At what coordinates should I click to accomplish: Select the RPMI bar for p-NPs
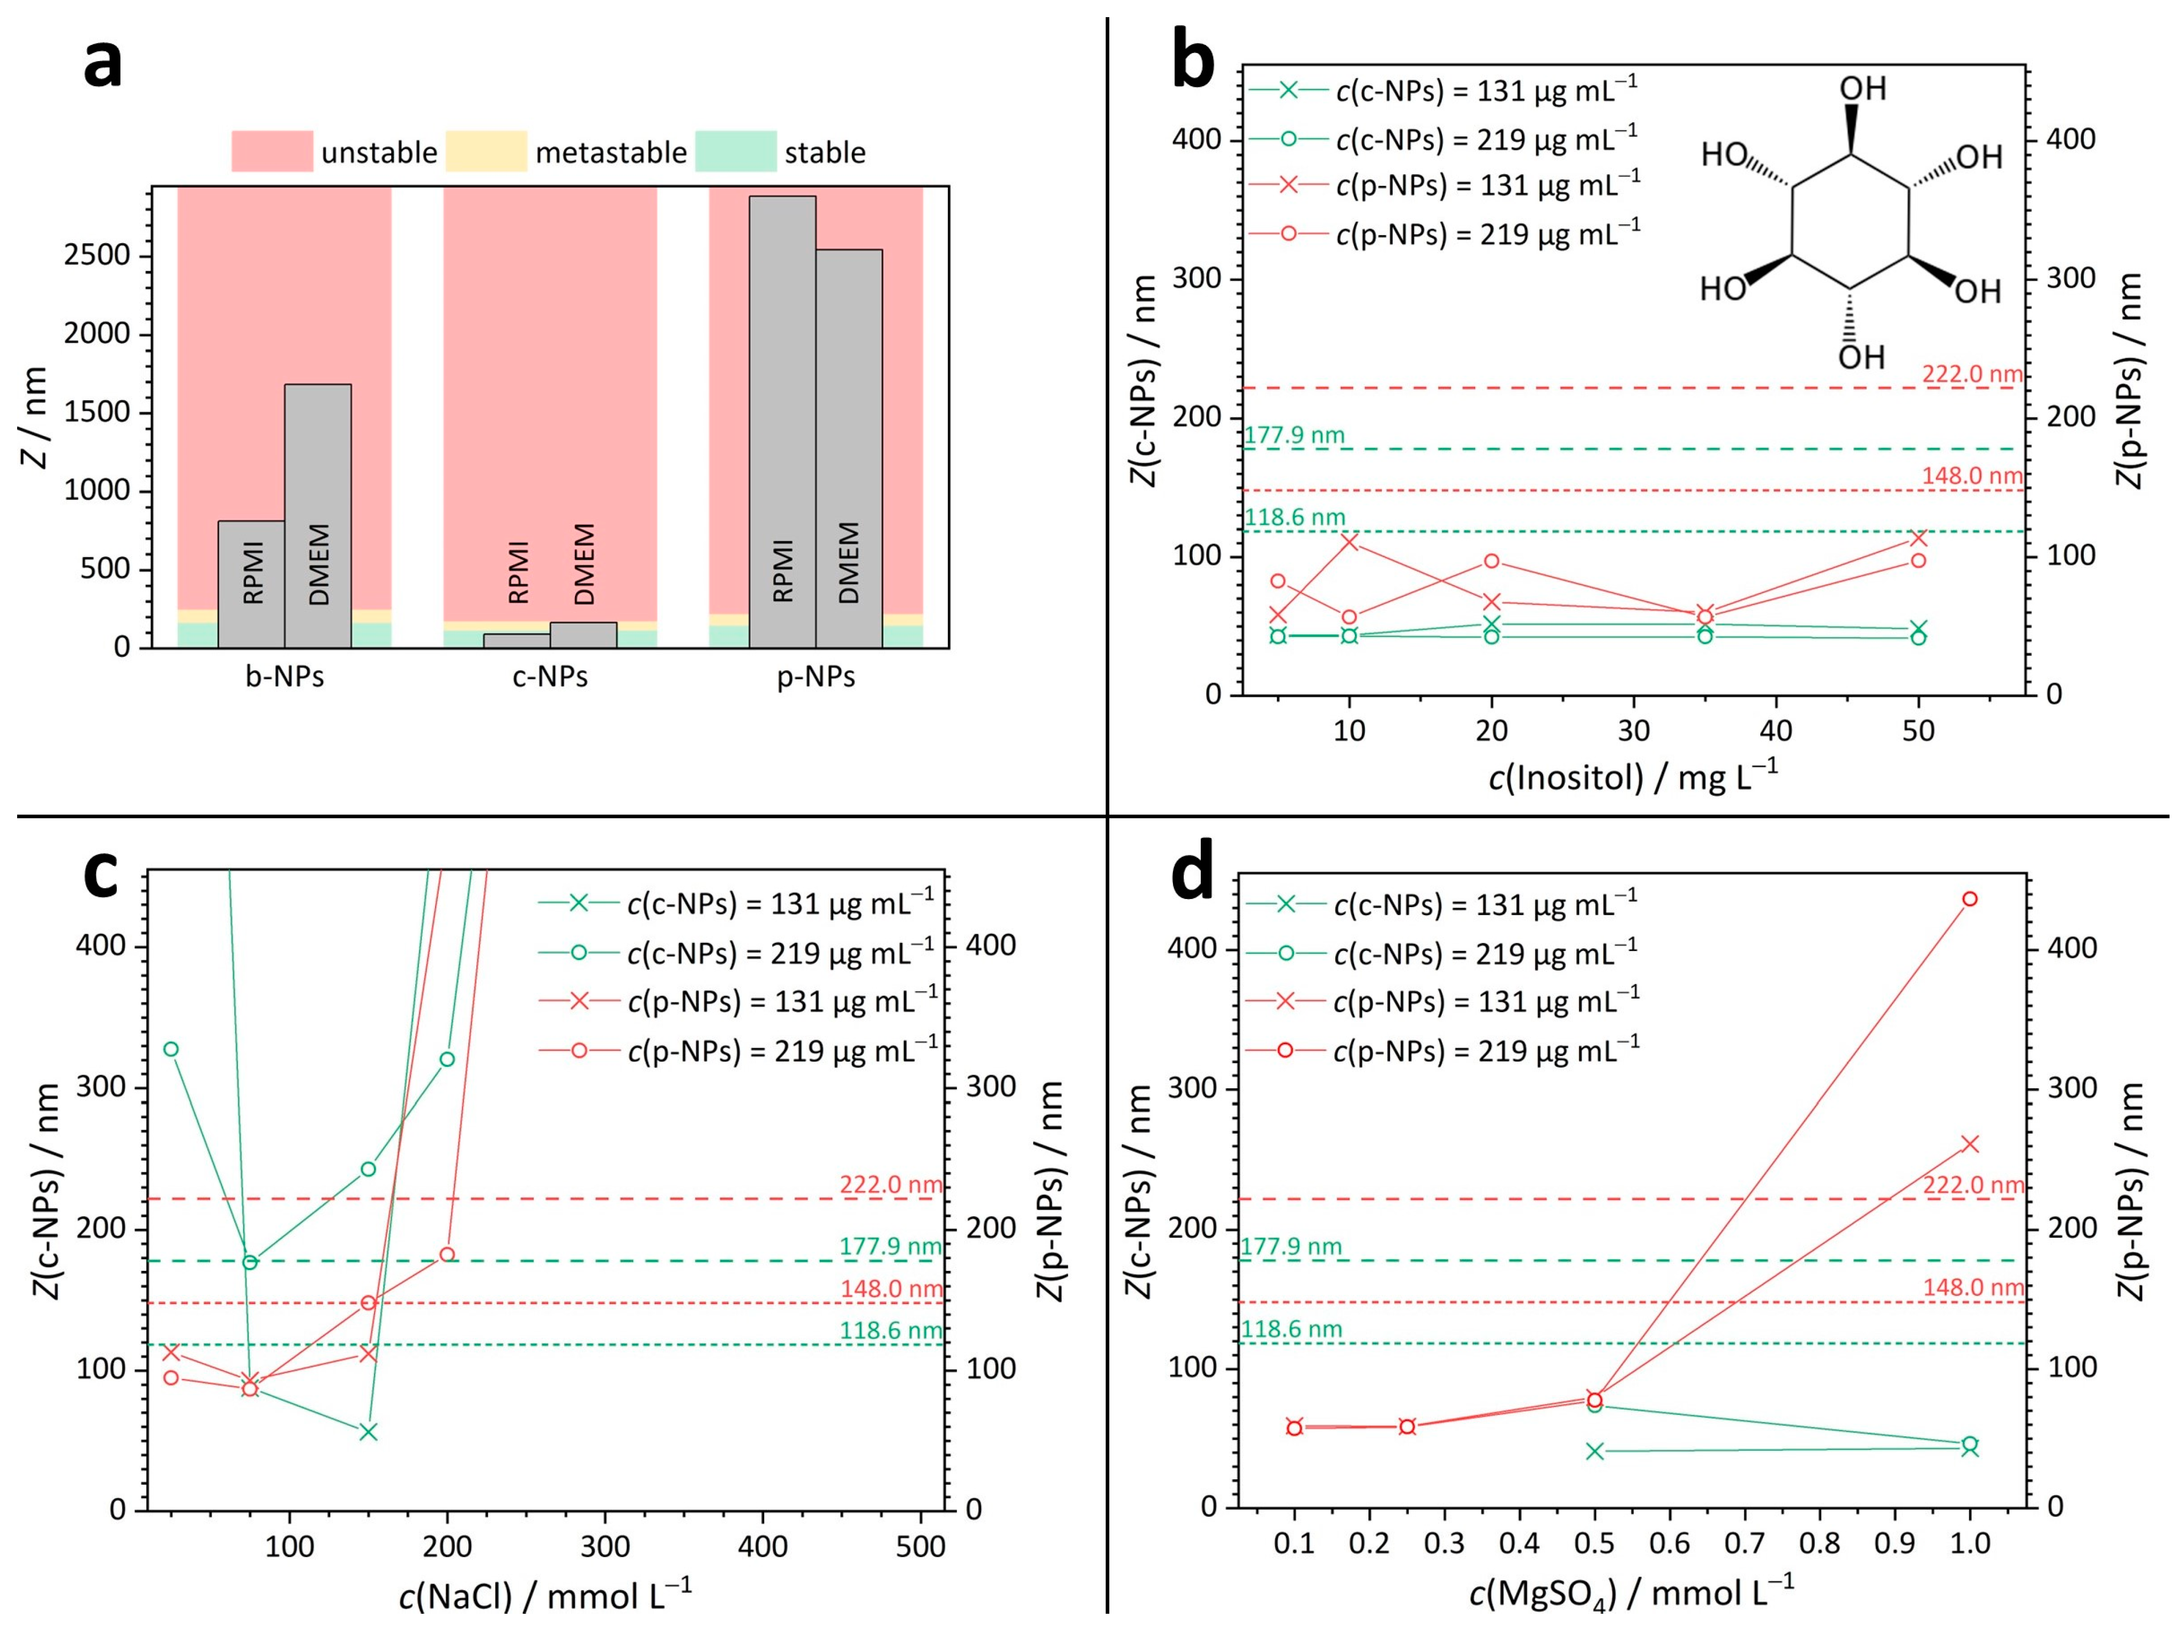point(782,422)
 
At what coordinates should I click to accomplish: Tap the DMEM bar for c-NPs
point(584,635)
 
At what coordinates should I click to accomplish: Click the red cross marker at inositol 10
point(1350,542)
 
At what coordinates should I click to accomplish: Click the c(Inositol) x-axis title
point(1633,777)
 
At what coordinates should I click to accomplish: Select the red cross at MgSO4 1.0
point(1970,1144)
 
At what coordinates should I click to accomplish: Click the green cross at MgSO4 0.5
point(1595,1451)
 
